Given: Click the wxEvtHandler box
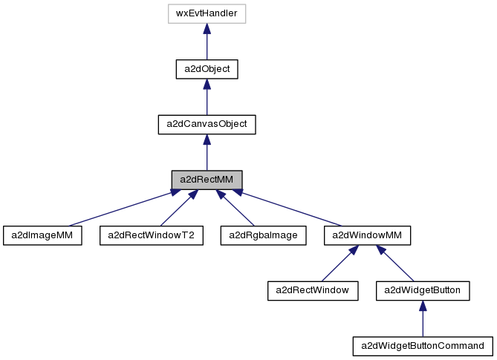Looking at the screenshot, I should [207, 13].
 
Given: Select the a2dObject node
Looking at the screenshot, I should [207, 69].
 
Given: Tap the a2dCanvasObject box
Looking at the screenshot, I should [207, 124].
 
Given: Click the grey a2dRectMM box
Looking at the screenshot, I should [207, 180].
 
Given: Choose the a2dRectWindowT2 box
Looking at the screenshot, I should [152, 235].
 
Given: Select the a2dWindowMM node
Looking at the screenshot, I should [367, 235].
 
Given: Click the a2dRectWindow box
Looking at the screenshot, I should [313, 290].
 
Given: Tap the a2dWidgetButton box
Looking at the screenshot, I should [423, 290].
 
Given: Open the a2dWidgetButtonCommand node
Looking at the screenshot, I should [423, 345].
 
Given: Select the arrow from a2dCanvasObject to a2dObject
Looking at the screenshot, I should [207, 96].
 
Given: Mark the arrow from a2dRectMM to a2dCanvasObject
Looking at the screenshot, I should [207, 152].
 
